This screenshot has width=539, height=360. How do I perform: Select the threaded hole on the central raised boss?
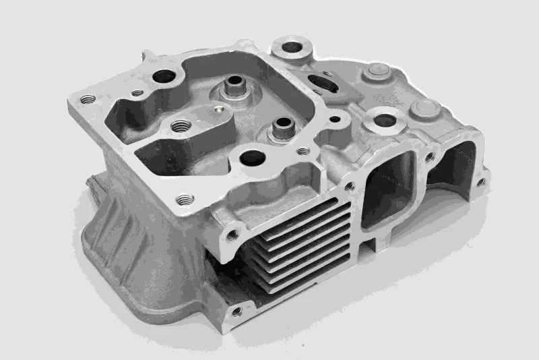[x=180, y=126]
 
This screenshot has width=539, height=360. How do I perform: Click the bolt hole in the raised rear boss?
[x=292, y=49]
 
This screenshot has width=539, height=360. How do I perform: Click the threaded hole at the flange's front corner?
[x=185, y=199]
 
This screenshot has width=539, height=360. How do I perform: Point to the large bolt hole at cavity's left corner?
[x=164, y=78]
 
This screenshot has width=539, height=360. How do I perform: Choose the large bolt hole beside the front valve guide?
[x=253, y=158]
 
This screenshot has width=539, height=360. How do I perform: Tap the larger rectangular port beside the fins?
[x=389, y=189]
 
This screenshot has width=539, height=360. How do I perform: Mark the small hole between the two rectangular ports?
[x=429, y=156]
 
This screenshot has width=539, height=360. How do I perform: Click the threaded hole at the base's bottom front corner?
[x=235, y=311]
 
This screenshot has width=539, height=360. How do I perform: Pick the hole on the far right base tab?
[x=480, y=182]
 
